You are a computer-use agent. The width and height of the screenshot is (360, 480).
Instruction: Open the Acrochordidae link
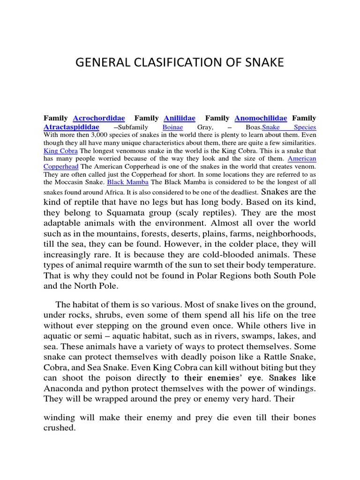click(x=99, y=118)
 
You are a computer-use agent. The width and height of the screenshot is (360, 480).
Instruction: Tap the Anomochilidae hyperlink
click(x=261, y=118)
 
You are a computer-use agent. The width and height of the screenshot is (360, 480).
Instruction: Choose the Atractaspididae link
click(x=71, y=127)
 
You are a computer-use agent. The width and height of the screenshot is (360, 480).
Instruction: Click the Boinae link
click(x=172, y=127)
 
